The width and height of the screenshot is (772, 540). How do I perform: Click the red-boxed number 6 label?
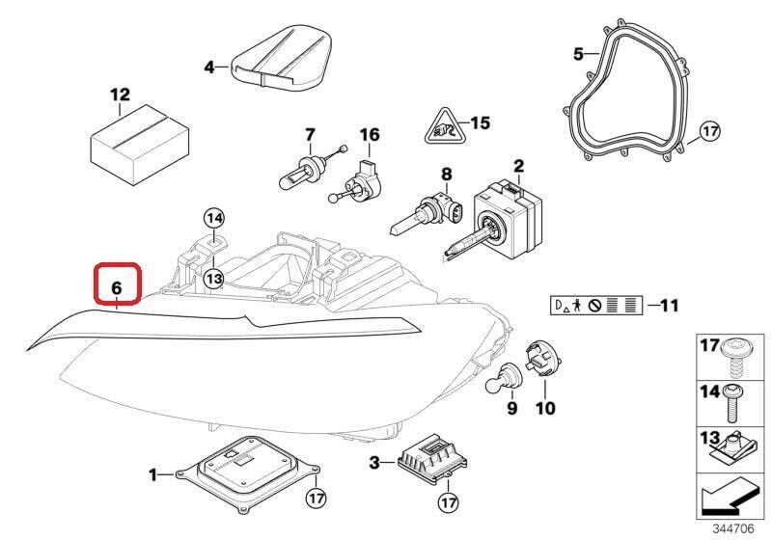(117, 286)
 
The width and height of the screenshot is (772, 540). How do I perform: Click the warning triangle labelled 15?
(445, 126)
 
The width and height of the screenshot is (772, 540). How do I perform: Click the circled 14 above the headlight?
(213, 219)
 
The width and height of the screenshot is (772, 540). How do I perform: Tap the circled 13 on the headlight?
(213, 278)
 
